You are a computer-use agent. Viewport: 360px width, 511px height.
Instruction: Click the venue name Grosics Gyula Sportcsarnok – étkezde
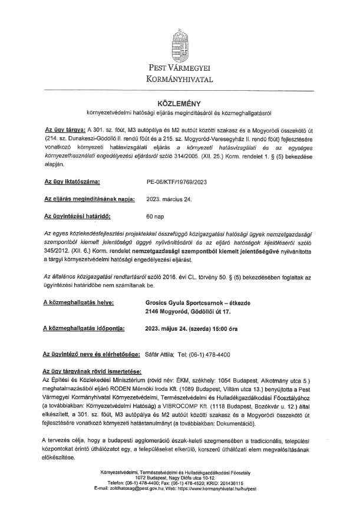tap(197, 302)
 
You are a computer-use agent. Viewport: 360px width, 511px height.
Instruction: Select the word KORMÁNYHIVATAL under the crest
tap(180, 79)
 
